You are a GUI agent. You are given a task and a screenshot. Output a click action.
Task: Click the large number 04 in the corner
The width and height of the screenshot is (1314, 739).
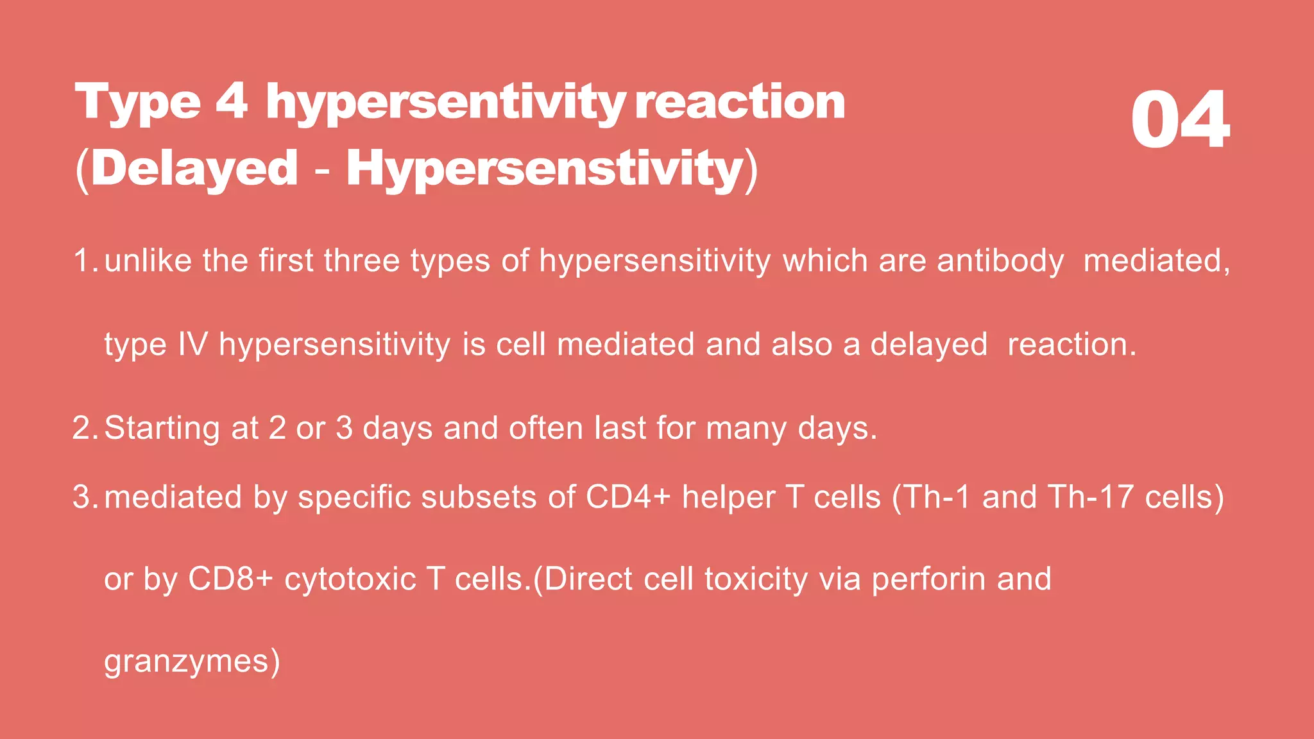click(1179, 120)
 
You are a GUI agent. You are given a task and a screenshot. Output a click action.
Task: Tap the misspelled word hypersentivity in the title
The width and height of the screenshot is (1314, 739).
click(445, 103)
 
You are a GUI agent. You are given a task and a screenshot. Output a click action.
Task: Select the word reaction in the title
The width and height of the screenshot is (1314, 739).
click(740, 103)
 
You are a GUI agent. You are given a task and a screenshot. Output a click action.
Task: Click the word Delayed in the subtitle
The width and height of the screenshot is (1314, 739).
click(194, 169)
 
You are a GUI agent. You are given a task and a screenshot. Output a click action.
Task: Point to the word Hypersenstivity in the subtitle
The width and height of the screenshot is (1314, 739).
click(544, 169)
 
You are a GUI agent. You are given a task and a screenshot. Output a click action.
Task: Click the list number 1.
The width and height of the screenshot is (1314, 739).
click(84, 261)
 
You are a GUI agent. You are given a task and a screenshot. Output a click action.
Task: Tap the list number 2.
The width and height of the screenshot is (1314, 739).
click(84, 428)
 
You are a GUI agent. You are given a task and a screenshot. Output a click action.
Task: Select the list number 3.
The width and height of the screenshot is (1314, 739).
click(84, 497)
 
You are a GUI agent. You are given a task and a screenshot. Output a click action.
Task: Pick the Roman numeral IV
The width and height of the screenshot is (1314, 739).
click(192, 344)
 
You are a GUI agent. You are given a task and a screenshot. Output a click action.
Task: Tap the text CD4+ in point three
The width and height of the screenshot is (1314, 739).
click(627, 497)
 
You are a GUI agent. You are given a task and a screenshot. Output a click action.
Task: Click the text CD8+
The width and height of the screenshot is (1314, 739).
click(230, 579)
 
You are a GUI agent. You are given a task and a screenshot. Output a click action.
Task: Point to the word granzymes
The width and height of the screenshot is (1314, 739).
click(187, 661)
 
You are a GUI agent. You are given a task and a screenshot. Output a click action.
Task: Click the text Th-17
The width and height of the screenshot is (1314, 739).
click(1090, 497)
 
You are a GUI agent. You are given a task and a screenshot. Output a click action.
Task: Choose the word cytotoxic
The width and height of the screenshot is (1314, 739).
click(350, 579)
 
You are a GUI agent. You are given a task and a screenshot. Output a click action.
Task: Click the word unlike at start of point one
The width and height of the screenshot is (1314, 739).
click(148, 261)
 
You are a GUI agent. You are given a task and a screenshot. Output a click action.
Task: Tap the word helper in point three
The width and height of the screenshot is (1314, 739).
click(728, 497)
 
